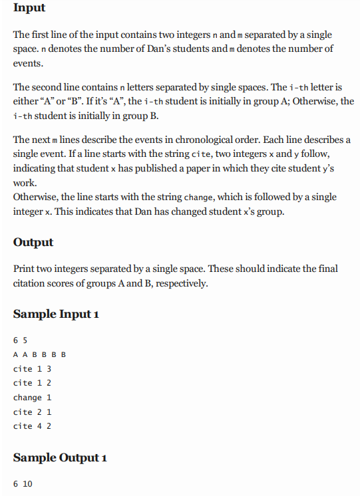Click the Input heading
click(29, 8)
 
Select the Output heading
click(33, 242)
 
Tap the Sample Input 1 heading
click(56, 314)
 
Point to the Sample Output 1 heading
click(60, 457)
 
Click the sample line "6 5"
click(20, 340)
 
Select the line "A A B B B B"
click(39, 354)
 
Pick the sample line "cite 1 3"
click(33, 368)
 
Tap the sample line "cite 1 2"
click(33, 383)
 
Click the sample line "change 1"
click(33, 398)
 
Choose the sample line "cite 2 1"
click(33, 412)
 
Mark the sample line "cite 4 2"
click(33, 426)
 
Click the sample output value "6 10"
click(23, 483)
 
